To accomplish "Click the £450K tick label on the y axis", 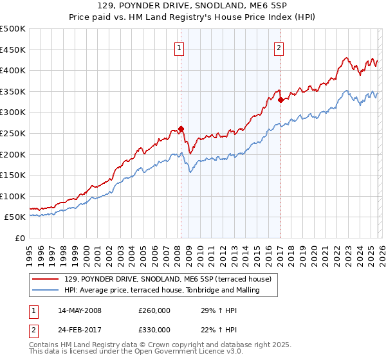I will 13,50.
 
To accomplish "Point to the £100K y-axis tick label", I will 13,196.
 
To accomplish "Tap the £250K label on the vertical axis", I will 13,133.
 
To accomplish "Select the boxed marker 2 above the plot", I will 279,47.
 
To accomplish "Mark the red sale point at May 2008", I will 181,129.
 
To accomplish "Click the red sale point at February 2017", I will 280,100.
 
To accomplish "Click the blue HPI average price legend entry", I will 161,290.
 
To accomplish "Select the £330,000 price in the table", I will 154,330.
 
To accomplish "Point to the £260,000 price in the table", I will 154,310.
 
